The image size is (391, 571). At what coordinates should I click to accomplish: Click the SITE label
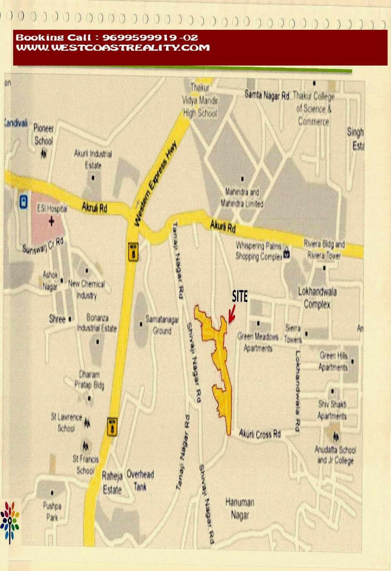coord(240,296)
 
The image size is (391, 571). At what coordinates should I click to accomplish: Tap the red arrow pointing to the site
coord(232,314)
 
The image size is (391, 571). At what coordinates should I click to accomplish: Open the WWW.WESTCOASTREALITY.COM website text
coord(113,47)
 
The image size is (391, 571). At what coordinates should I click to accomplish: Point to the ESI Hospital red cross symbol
coord(52,222)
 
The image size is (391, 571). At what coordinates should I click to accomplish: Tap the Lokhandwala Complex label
coord(317,298)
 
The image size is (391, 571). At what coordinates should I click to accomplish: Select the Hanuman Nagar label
coord(240,509)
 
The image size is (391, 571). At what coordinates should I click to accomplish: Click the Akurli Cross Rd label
coord(260,434)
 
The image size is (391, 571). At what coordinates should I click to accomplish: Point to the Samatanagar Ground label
coord(162,325)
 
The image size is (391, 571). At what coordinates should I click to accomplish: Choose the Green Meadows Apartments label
coord(258,342)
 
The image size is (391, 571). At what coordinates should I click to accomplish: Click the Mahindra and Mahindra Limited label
coord(242,198)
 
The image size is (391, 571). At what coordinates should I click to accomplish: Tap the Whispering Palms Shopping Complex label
coord(259,251)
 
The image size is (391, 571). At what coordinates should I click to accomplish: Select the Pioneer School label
coord(43,134)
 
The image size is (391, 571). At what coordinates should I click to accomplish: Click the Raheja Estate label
coord(112,482)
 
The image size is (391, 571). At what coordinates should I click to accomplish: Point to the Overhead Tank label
coord(140,480)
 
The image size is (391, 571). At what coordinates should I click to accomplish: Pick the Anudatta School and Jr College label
coord(335,455)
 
